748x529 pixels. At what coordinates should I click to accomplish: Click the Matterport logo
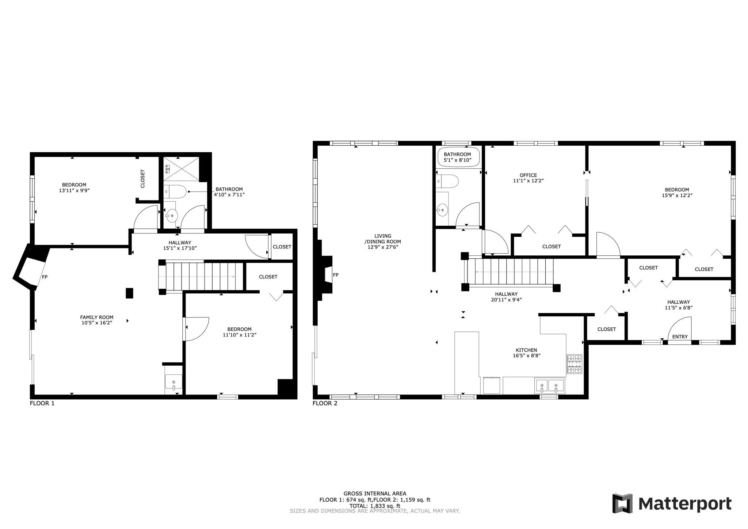pos(672,504)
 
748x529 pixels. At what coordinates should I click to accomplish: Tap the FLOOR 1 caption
pos(42,403)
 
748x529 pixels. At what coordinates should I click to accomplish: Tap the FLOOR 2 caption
pos(325,403)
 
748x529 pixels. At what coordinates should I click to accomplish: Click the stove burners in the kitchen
pos(574,364)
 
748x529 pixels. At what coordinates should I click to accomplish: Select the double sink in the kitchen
pos(549,386)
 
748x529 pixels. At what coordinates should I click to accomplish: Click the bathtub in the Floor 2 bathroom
pos(459,157)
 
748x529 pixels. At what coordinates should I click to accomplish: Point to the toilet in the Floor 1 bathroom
pos(175,191)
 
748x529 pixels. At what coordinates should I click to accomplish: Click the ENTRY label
pos(680,336)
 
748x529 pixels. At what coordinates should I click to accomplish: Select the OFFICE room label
pos(528,175)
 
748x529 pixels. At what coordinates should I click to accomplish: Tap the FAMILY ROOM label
pos(97,317)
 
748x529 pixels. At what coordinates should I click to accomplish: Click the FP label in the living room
pos(335,275)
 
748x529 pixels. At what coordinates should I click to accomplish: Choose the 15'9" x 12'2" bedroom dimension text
pos(677,195)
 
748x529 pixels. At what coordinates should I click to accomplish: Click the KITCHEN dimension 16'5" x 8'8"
pos(526,355)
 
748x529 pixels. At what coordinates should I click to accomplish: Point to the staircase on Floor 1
pos(201,277)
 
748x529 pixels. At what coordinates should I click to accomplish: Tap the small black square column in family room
pos(129,293)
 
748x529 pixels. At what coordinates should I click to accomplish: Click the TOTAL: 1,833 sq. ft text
pos(375,506)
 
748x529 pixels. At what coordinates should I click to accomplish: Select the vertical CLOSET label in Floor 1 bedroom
pos(143,179)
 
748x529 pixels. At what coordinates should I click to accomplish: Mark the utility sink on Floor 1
pos(173,382)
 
